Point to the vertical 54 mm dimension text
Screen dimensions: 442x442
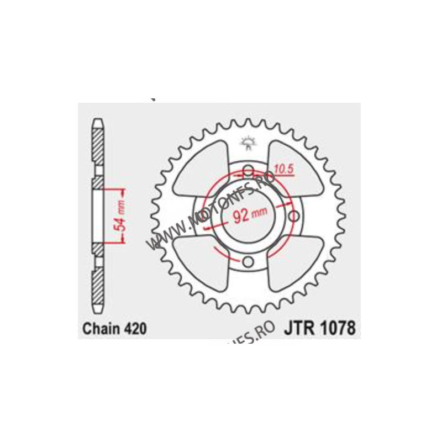pos(123,215)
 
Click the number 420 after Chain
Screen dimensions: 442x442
pos(134,329)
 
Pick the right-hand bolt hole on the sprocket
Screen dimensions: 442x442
pos(293,215)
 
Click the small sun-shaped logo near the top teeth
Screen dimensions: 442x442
pos(248,143)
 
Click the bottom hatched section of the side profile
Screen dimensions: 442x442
pos(97,287)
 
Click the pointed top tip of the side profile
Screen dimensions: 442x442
pos(97,121)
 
